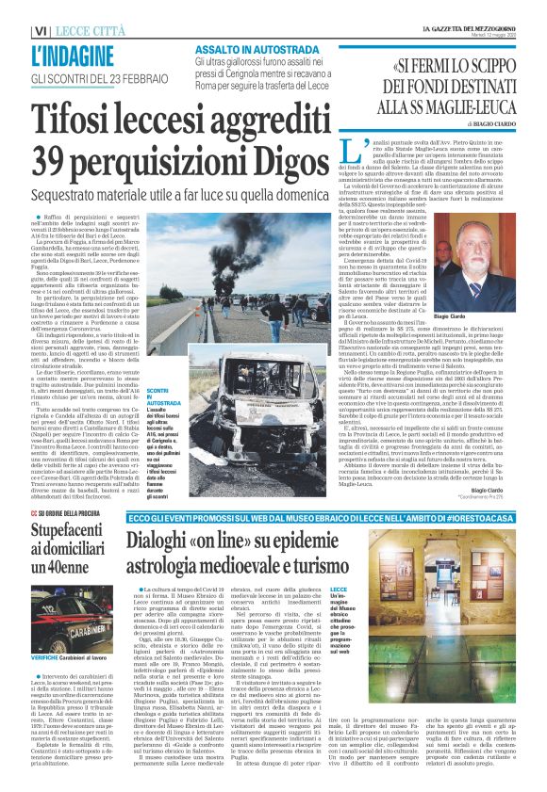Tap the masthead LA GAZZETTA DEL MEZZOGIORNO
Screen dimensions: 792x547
(473, 31)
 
